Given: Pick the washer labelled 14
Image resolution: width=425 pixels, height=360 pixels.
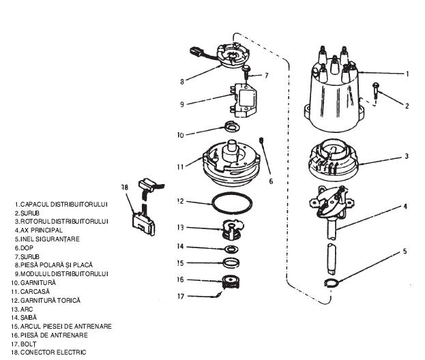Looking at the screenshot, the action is (x=232, y=249).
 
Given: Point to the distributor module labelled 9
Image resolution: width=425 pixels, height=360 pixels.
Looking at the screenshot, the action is (x=243, y=100).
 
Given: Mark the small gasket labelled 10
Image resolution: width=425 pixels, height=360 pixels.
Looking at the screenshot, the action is (x=232, y=126).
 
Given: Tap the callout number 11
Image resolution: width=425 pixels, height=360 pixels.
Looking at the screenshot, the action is (x=181, y=166).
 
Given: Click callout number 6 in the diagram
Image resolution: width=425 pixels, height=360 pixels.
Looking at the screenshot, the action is (x=271, y=181).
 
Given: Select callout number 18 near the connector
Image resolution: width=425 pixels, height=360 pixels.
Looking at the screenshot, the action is (x=125, y=187).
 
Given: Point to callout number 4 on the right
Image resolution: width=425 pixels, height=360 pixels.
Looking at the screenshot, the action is (x=405, y=207).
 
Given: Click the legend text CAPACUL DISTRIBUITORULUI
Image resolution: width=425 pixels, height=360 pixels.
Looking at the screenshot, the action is (x=64, y=205).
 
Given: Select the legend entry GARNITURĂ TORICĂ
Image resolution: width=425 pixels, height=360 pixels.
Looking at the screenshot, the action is (x=50, y=301).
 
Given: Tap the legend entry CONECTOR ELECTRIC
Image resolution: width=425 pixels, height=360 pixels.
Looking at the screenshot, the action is (x=53, y=352).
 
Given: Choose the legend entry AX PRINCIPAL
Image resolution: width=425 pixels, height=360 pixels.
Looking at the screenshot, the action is (x=42, y=230).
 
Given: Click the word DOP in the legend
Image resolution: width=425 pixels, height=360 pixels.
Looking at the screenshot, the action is (x=27, y=248).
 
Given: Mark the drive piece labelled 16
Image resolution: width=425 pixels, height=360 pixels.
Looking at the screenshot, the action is (x=230, y=282).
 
